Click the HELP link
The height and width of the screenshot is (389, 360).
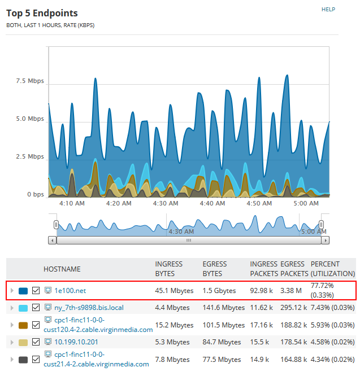328,10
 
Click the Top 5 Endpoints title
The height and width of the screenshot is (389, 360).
42,13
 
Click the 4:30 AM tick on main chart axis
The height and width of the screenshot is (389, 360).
166,203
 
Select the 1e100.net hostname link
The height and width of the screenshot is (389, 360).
70,291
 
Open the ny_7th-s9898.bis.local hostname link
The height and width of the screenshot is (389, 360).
89,308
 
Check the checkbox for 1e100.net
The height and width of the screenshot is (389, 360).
36,291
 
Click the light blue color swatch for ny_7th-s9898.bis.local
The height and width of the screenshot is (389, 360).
23,308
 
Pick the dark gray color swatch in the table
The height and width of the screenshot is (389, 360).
23,359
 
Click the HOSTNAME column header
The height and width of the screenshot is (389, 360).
62,269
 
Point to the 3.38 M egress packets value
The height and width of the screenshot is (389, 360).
292,291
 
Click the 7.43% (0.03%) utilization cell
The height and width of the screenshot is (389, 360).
333,308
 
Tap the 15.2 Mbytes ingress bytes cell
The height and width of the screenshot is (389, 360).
174,325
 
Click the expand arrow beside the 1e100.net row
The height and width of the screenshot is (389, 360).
11,291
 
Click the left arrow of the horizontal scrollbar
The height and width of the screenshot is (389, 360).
53,240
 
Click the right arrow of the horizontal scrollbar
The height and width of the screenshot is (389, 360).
325,240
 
